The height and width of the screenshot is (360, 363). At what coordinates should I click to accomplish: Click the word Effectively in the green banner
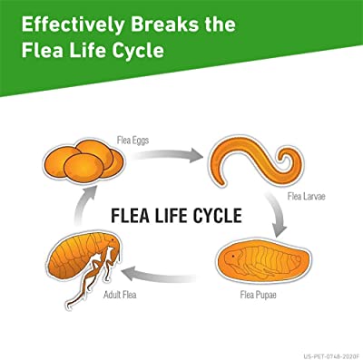[73, 24]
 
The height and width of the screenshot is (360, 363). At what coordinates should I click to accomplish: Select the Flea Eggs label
[132, 141]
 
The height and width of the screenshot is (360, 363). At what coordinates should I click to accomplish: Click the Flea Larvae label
[306, 196]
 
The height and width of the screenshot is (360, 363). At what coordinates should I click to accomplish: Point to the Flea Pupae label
[258, 295]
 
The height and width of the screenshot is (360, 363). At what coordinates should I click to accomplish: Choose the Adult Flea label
[120, 295]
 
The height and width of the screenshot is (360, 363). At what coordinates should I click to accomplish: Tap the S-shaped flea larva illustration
[256, 161]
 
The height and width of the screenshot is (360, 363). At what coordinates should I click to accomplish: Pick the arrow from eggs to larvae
[167, 155]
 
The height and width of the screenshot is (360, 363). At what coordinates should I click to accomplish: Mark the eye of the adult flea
[113, 239]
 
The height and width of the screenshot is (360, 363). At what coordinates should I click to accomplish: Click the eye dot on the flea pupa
[233, 257]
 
